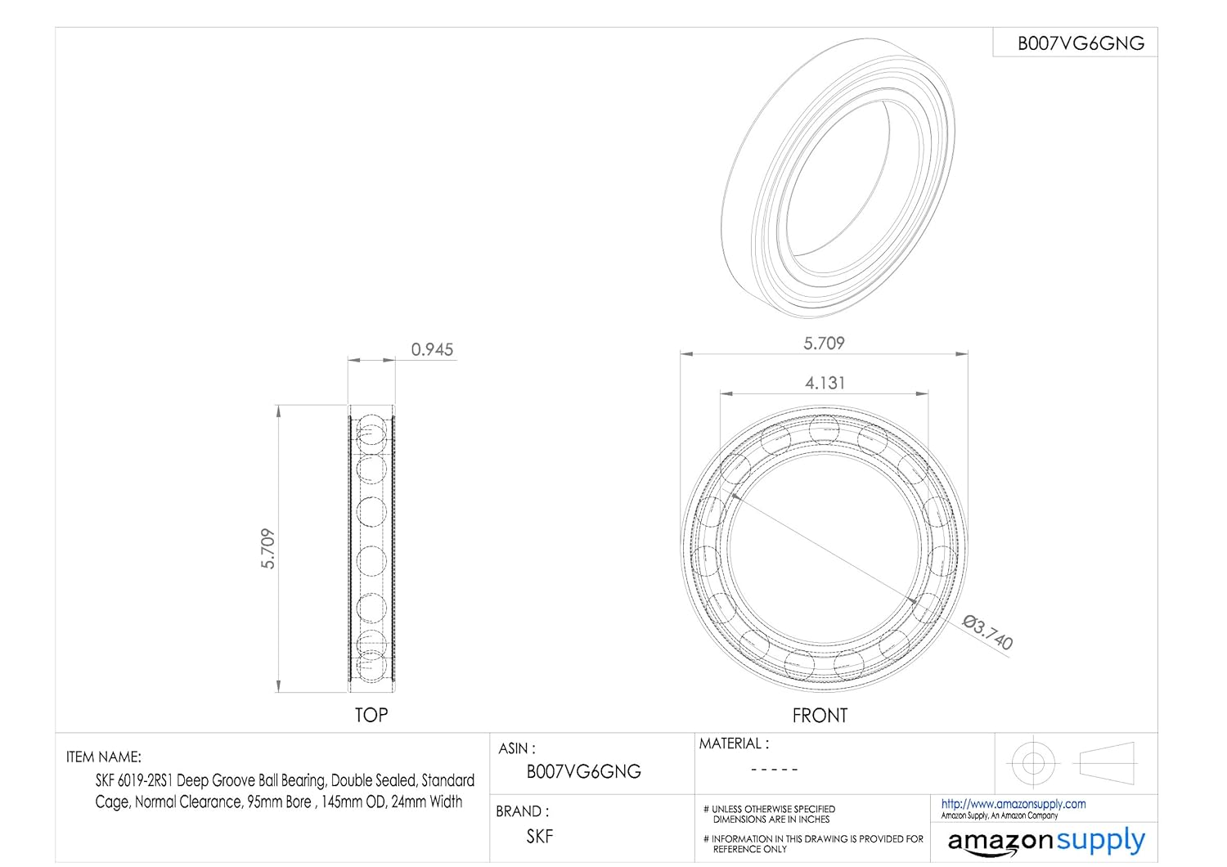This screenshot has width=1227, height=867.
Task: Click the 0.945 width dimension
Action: coord(432,349)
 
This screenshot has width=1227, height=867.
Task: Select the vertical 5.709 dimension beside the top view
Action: coord(267,549)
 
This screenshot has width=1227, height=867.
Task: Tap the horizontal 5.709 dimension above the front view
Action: coord(824,344)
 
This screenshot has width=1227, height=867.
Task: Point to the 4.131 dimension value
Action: coord(825,383)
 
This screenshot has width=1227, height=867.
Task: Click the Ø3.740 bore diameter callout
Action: coord(987,632)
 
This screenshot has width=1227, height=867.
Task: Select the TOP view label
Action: coord(371,716)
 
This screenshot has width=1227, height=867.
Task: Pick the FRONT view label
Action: coord(820,716)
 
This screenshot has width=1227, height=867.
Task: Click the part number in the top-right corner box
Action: coord(1081,43)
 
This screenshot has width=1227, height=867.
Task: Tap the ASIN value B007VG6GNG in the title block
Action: coord(583,771)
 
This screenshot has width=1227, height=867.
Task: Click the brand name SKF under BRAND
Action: coord(540,837)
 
